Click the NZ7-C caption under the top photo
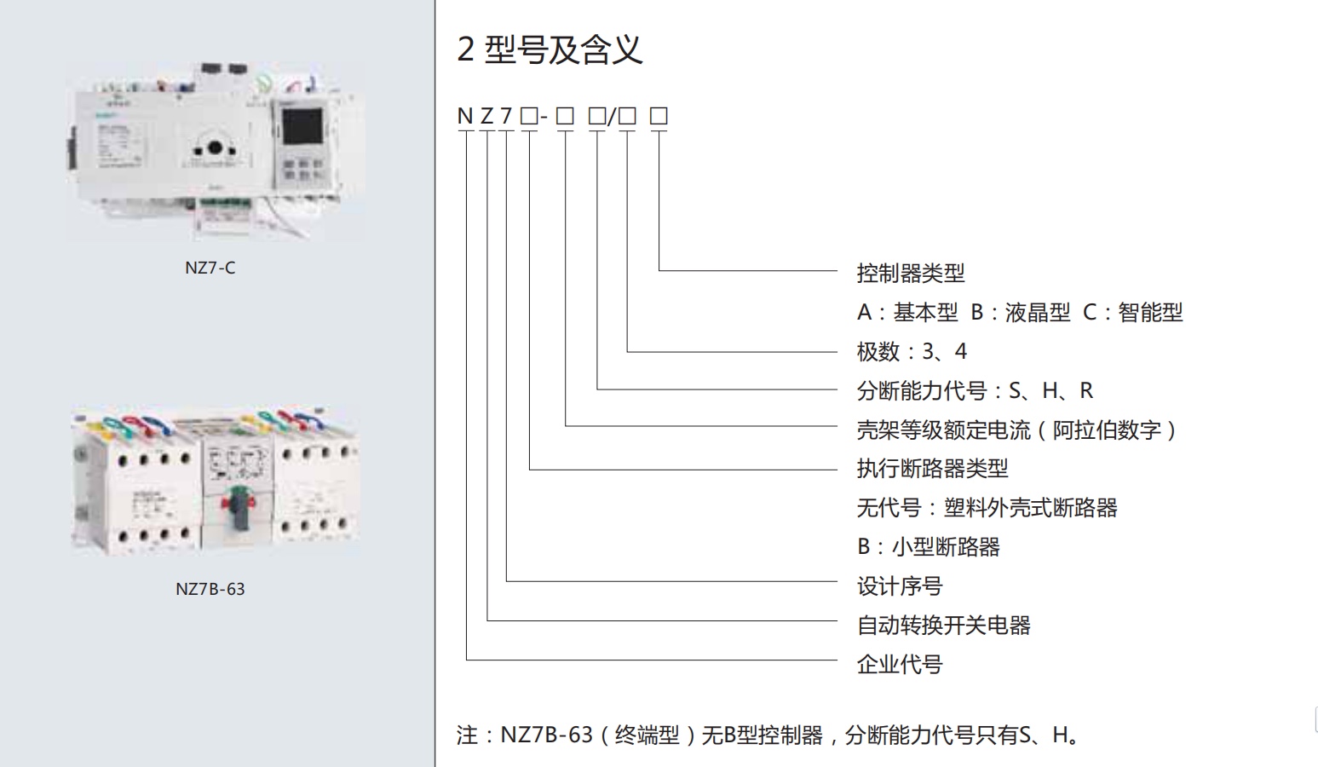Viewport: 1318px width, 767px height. click(210, 268)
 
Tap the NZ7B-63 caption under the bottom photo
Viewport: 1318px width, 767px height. click(210, 589)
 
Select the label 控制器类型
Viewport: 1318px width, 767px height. click(910, 274)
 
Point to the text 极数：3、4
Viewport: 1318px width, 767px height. click(912, 351)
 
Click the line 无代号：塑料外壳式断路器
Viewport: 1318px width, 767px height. click(987, 508)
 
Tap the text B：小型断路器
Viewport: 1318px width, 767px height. click(928, 547)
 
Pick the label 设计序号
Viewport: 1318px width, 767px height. click(900, 586)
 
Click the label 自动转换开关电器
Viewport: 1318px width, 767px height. click(943, 626)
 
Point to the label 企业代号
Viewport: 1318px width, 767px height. click(900, 665)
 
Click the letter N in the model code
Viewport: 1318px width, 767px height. click(465, 117)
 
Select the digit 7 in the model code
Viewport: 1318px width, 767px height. click(507, 117)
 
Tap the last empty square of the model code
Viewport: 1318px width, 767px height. click(659, 117)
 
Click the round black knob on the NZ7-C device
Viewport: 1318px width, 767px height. click(215, 147)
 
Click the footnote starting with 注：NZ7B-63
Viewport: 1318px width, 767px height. click(771, 735)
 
